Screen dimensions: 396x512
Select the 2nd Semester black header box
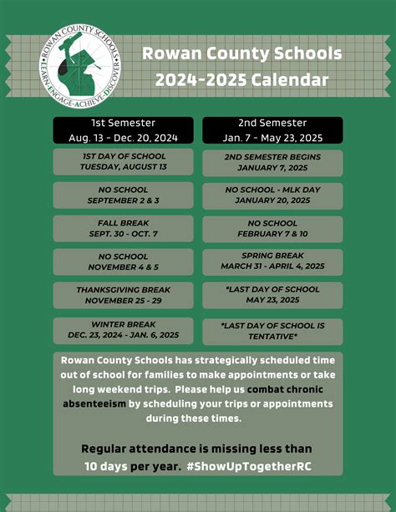pos(272,129)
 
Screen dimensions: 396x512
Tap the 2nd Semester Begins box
pos(272,161)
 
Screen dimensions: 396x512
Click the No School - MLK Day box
pos(272,195)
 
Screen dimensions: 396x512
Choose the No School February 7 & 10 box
pos(272,229)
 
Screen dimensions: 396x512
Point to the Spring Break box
pos(272,261)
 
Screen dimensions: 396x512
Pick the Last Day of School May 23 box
pos(272,295)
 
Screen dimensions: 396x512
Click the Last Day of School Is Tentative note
pos(272,330)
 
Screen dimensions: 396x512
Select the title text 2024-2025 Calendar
pos(241,81)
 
